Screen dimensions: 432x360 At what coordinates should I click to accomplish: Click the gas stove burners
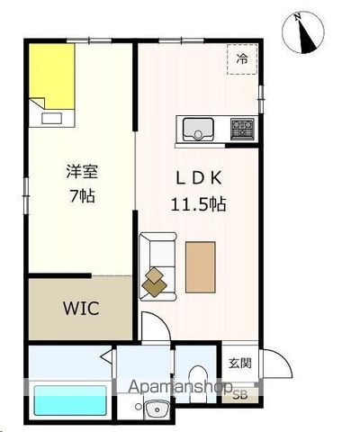[x=241, y=128]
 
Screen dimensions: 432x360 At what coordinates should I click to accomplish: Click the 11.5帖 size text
[x=198, y=203]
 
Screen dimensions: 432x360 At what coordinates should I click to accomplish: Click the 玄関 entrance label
[x=239, y=363]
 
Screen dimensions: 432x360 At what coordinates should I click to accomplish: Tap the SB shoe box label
[x=239, y=394]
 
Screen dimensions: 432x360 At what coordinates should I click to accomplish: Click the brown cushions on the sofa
[x=157, y=282]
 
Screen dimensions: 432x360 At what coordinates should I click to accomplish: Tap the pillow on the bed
[x=50, y=112]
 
